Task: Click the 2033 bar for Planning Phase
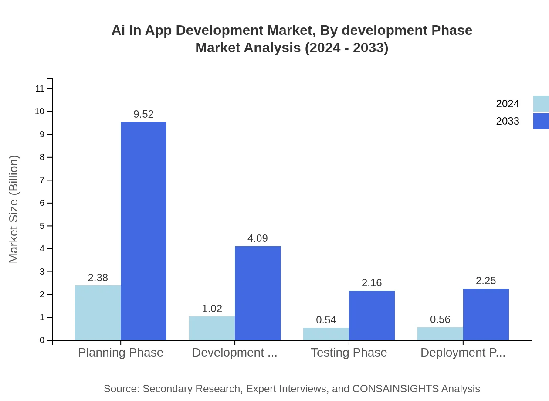pyautogui.click(x=143, y=231)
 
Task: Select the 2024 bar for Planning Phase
pyautogui.click(x=98, y=313)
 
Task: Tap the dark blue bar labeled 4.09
pyautogui.click(x=258, y=293)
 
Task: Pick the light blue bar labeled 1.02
pyautogui.click(x=212, y=328)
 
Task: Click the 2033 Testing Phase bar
pyautogui.click(x=372, y=315)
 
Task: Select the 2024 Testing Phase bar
pyautogui.click(x=326, y=334)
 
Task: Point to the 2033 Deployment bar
pyautogui.click(x=486, y=314)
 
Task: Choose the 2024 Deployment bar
pyautogui.click(x=440, y=333)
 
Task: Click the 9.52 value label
pyautogui.click(x=143, y=114)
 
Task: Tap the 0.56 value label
pyautogui.click(x=440, y=319)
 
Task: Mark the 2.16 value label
pyautogui.click(x=372, y=283)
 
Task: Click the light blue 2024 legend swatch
pyautogui.click(x=541, y=104)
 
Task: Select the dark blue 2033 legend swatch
pyautogui.click(x=541, y=121)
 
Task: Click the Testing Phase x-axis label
pyautogui.click(x=349, y=353)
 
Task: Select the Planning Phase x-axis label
pyautogui.click(x=121, y=353)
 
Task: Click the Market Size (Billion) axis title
pyautogui.click(x=14, y=209)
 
